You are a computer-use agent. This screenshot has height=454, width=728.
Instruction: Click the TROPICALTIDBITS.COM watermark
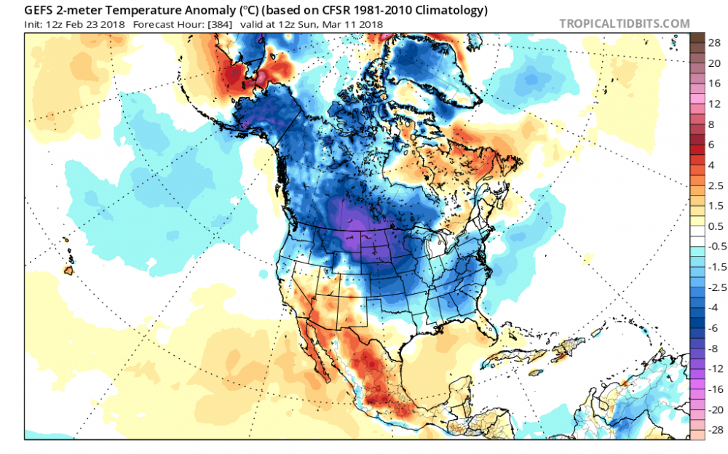(624, 24)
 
